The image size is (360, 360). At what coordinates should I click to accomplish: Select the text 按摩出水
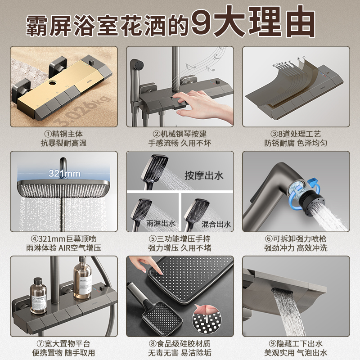pyautogui.click(x=204, y=175)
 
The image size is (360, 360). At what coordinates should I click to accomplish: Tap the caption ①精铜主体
pyautogui.click(x=63, y=134)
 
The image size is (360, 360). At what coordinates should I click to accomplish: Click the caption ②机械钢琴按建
pyautogui.click(x=180, y=134)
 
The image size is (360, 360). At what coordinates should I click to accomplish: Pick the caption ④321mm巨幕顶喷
pyautogui.click(x=63, y=239)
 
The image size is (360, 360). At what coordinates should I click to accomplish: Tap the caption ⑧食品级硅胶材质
pyautogui.click(x=180, y=344)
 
